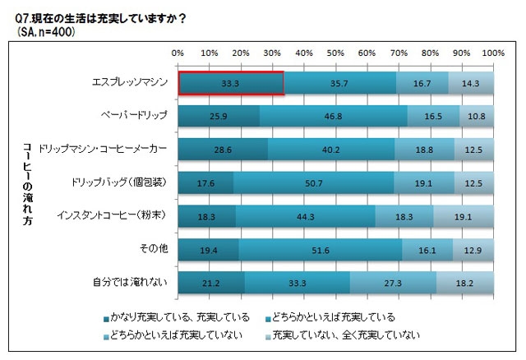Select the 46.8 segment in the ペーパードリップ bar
coord(334,118)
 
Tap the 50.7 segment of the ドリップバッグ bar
coord(313,184)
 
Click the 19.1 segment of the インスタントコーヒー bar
coord(464,217)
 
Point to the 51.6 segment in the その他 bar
coord(321,251)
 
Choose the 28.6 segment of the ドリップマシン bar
coord(223,150)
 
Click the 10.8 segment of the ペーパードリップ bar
coord(477,118)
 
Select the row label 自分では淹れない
coord(131,284)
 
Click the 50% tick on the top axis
coord(335,53)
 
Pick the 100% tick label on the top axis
coord(491,53)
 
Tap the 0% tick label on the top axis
coord(178,53)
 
